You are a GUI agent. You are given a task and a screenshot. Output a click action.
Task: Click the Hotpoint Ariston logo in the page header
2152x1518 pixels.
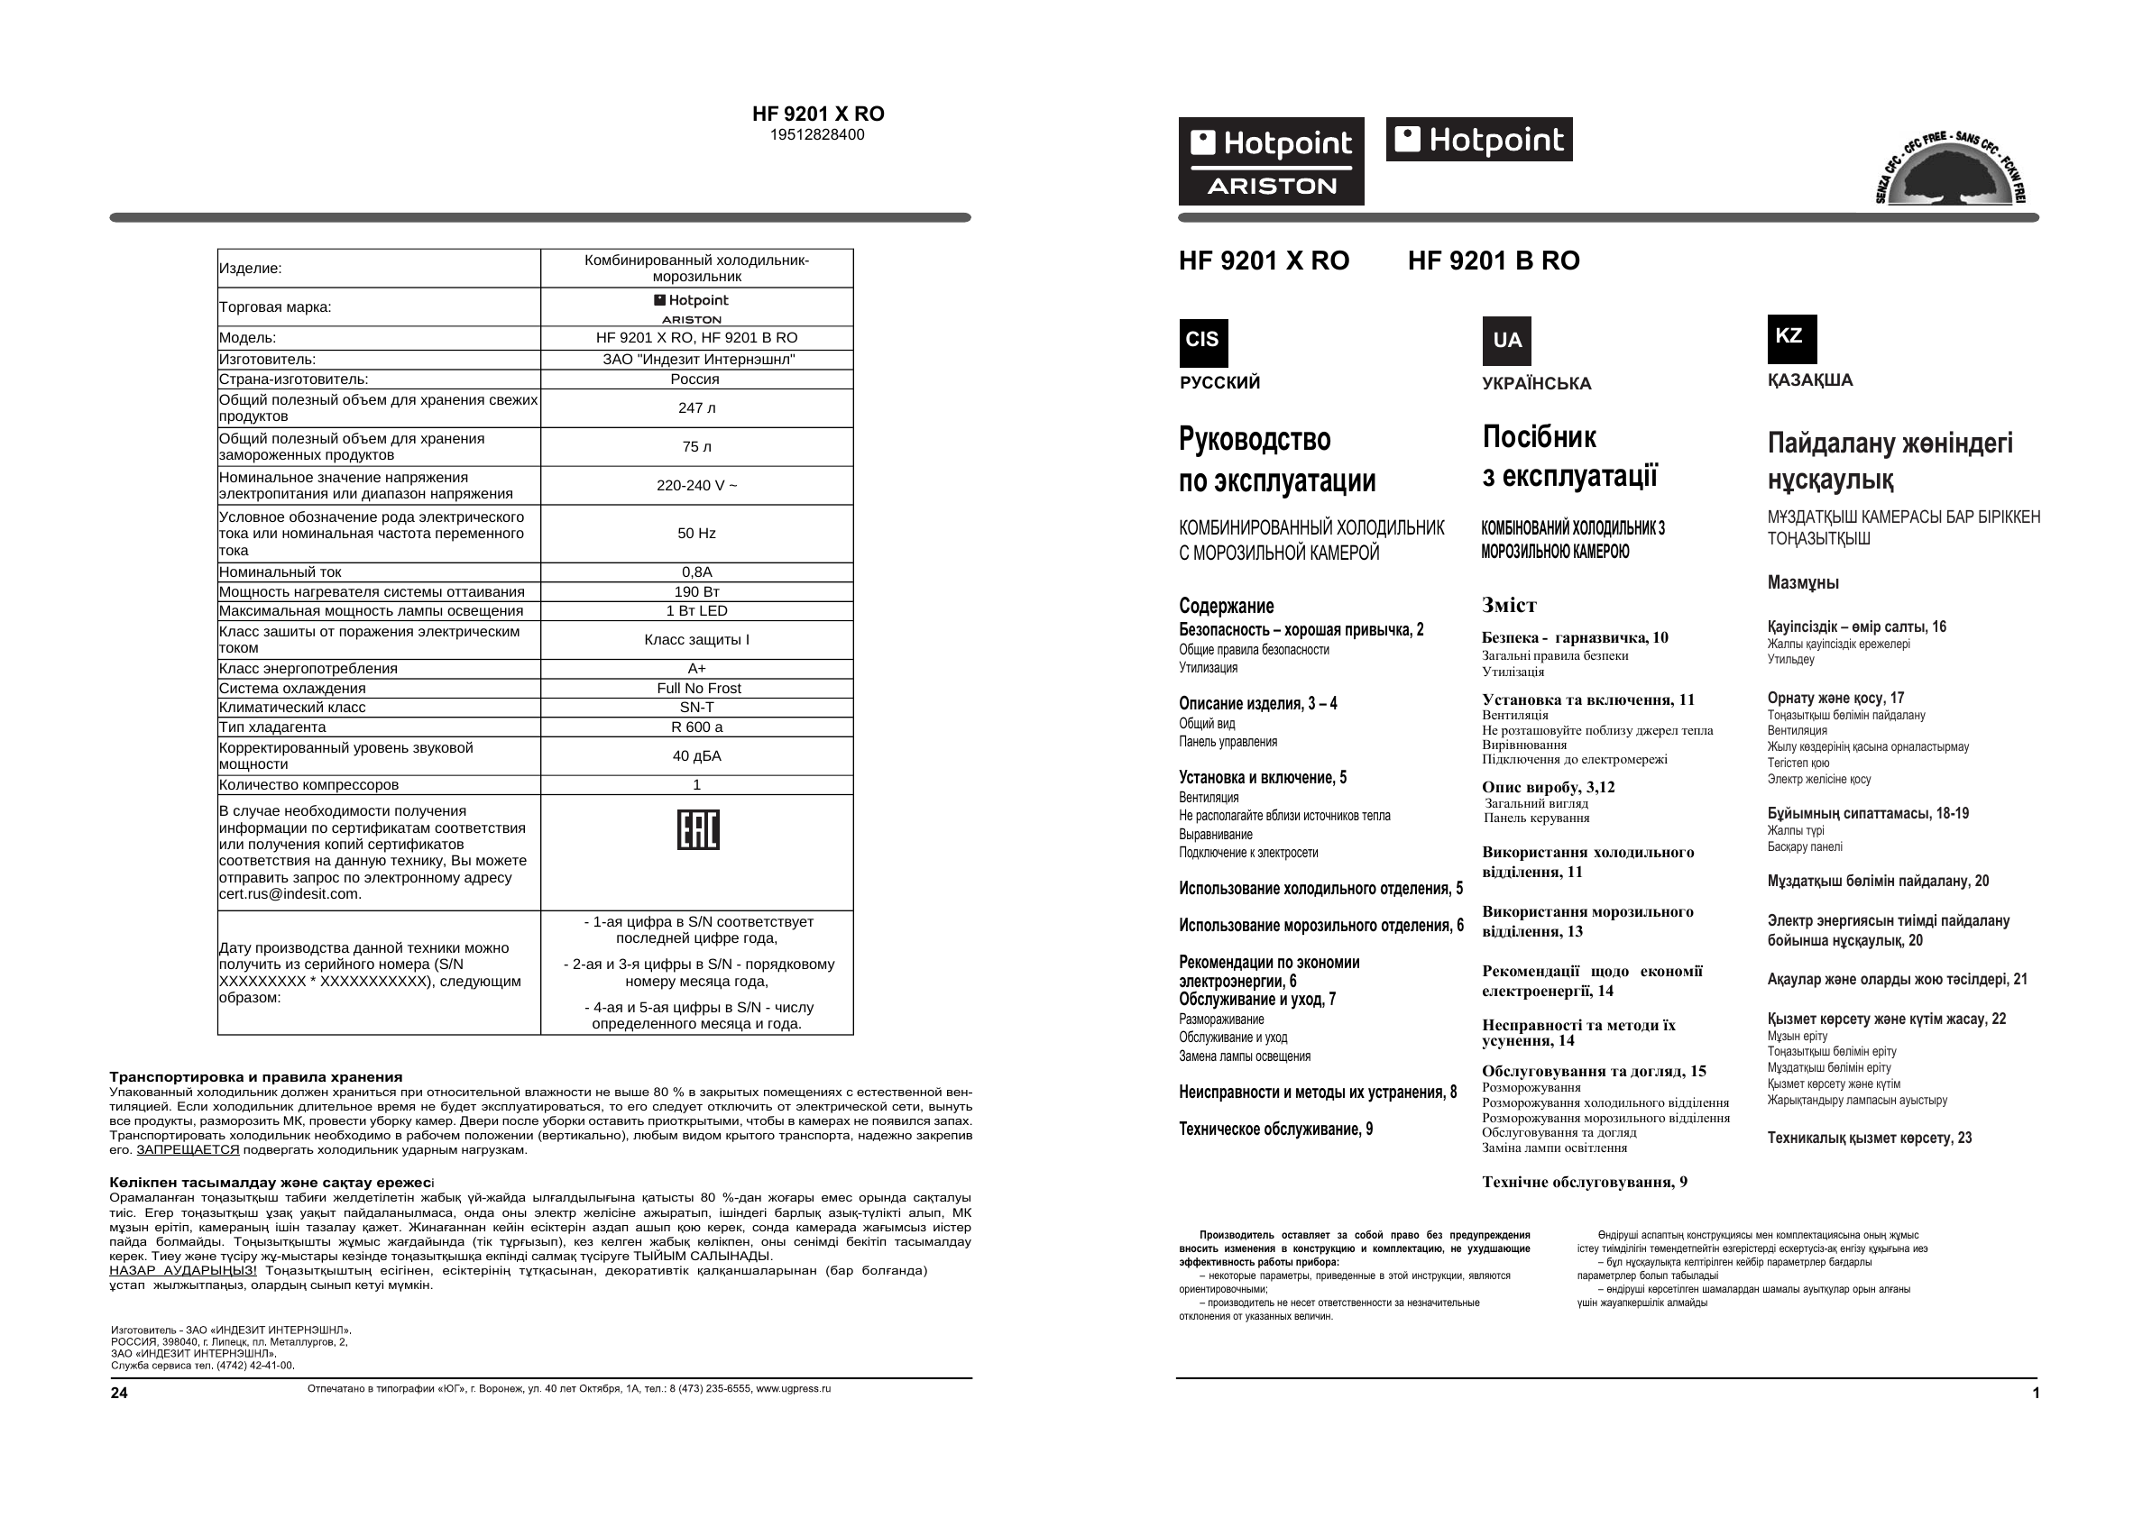[1270, 161]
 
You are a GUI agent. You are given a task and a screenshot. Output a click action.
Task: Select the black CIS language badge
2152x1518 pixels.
[1202, 342]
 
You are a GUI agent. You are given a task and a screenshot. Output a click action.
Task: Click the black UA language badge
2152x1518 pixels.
[1506, 341]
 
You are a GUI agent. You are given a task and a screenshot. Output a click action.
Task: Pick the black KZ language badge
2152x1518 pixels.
[1791, 338]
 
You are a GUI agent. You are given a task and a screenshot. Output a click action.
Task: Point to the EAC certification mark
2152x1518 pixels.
[697, 829]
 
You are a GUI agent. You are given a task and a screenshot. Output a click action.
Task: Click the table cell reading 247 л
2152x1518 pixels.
[696, 408]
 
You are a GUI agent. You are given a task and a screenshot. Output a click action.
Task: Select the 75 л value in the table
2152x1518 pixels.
[696, 447]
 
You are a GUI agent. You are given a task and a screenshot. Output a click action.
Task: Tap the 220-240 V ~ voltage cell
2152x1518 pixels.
[696, 485]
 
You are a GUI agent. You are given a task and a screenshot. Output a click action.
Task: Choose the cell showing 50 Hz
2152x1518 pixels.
[696, 533]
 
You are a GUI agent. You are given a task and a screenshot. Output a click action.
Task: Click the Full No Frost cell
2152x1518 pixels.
[698, 688]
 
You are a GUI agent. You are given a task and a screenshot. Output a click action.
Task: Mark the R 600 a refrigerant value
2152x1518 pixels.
[696, 727]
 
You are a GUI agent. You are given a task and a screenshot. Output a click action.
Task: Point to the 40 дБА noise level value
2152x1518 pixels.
[696, 756]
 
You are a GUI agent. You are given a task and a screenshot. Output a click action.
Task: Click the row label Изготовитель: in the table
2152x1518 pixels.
[267, 360]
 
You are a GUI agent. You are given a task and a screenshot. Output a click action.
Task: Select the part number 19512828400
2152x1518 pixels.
[817, 135]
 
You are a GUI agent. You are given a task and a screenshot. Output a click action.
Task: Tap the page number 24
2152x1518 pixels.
[119, 1393]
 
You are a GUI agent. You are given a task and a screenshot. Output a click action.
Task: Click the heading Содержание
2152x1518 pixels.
[1226, 607]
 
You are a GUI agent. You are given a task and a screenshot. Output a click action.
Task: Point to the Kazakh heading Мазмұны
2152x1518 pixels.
[1802, 583]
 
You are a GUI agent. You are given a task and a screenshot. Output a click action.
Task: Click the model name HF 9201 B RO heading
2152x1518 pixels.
[1493, 261]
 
